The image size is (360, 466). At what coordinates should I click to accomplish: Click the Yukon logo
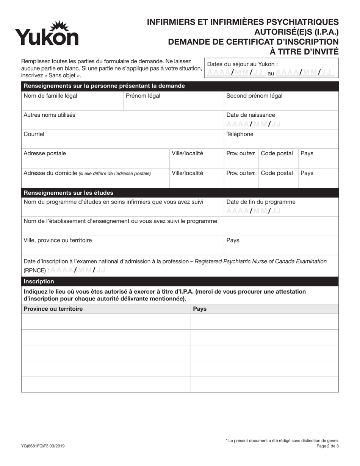click(47, 34)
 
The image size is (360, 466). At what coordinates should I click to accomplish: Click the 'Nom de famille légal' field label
click(50, 96)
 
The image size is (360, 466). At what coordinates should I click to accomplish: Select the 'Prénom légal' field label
click(143, 96)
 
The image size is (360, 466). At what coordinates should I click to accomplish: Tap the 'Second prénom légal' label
click(254, 96)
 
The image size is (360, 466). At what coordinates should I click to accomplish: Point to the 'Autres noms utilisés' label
click(49, 115)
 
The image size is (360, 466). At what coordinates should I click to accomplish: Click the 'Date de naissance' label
click(250, 115)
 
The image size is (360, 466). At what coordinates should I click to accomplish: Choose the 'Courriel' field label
click(34, 134)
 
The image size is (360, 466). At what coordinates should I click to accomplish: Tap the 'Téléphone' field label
click(239, 134)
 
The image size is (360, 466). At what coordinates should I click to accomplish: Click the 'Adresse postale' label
click(44, 153)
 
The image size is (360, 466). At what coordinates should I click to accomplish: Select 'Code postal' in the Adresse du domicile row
click(277, 173)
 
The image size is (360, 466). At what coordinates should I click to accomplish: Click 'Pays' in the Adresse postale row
click(307, 153)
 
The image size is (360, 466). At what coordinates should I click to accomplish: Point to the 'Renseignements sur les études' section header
click(68, 193)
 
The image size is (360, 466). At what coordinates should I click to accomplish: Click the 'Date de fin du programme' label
click(260, 202)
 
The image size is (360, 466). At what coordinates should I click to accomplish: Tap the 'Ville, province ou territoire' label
click(58, 240)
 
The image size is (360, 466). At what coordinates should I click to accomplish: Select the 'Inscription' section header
click(39, 281)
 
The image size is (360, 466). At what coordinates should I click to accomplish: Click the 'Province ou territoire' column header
click(53, 309)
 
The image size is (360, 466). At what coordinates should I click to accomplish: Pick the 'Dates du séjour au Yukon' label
click(242, 64)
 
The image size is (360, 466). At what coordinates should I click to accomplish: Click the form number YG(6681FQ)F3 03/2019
click(43, 446)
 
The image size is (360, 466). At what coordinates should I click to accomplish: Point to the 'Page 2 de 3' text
click(327, 446)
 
